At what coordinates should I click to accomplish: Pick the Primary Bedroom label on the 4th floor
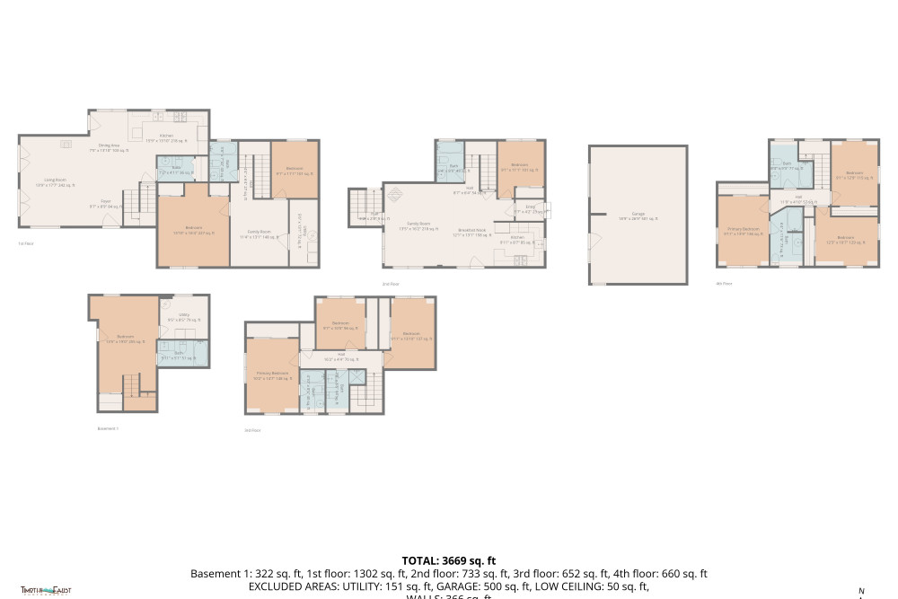[742, 231]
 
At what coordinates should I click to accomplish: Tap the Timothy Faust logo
[46, 590]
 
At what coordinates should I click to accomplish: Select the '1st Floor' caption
[27, 243]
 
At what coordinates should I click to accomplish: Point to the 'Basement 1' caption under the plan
[108, 428]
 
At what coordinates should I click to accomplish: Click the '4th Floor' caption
[724, 283]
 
